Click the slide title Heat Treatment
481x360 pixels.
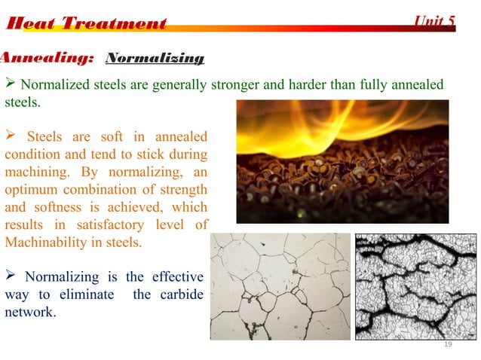point(85,23)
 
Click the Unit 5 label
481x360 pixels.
point(435,20)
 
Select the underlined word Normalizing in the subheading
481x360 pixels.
point(155,58)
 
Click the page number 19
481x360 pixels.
point(448,344)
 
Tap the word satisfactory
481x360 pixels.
point(106,224)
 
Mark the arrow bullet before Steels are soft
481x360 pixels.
point(11,136)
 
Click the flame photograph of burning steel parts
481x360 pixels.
point(342,161)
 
